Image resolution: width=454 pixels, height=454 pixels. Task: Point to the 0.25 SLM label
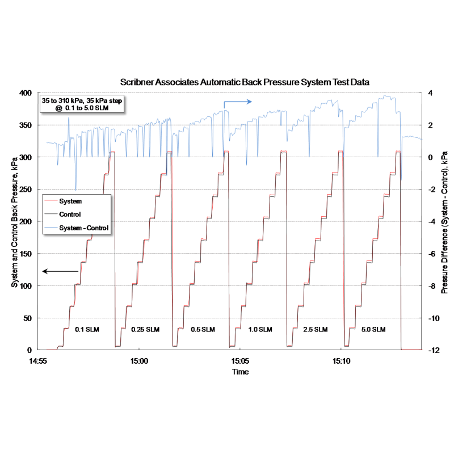pos(145,330)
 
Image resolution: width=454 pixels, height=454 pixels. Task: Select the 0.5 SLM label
pos(203,330)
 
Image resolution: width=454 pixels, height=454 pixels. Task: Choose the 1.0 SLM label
pos(260,330)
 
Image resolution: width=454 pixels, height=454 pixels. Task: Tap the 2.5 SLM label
pos(316,330)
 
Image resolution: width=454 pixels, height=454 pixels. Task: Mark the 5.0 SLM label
pos(373,330)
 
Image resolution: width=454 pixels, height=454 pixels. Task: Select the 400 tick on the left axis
pos(27,93)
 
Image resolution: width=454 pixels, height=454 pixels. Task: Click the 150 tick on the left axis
pos(27,254)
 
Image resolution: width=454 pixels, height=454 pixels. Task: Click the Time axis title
pos(239,372)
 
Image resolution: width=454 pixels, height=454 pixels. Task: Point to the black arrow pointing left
pos(60,271)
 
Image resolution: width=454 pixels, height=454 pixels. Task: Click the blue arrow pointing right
pos(237,102)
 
